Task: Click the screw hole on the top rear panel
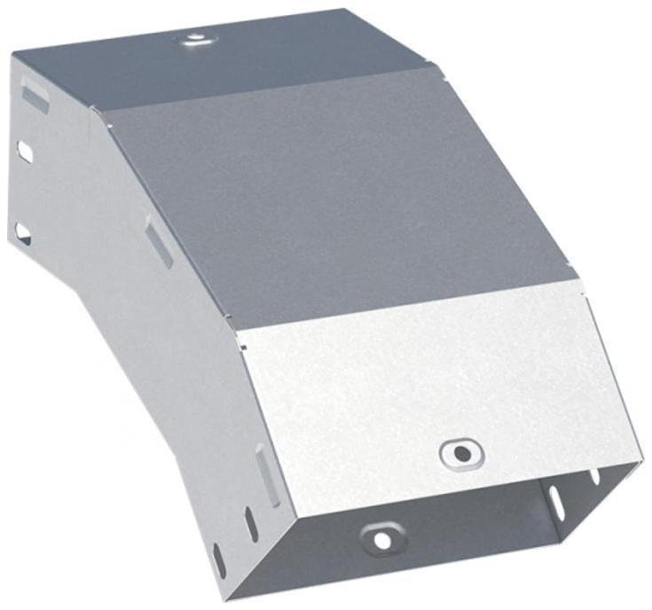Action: click(x=194, y=38)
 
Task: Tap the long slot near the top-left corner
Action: click(x=35, y=93)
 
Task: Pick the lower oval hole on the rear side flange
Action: click(x=22, y=233)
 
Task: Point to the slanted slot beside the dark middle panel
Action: click(x=159, y=245)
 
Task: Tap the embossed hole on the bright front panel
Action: click(x=460, y=453)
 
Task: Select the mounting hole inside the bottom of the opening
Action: click(x=381, y=538)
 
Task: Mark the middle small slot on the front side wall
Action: click(x=251, y=524)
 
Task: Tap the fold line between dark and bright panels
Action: click(x=408, y=306)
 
